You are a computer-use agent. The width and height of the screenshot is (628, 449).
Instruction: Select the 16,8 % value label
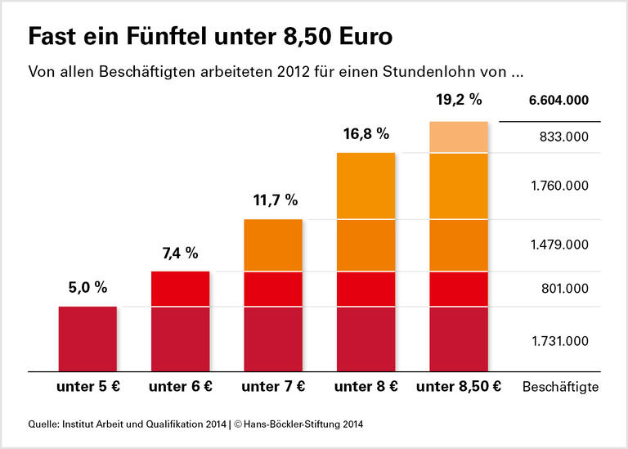(366, 132)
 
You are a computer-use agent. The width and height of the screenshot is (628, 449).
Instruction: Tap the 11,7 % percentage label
(273, 200)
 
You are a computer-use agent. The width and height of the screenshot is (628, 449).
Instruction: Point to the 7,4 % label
(180, 253)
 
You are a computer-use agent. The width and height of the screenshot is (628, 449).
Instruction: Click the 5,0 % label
(87, 287)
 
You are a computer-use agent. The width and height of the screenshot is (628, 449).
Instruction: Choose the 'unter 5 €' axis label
(87, 387)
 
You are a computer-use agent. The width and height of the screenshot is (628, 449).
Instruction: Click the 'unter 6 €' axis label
(180, 387)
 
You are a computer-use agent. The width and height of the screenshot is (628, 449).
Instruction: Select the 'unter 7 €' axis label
(273, 387)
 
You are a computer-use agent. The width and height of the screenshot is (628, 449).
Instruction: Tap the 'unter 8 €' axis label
(366, 387)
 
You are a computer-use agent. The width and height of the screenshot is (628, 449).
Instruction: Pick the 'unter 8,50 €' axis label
(459, 387)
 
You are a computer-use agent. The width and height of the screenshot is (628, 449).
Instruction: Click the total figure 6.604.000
(558, 101)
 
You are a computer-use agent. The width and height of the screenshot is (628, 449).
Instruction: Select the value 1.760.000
(558, 186)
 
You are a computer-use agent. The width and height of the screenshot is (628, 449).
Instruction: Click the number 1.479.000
(558, 245)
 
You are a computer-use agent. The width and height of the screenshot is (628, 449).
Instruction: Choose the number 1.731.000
(558, 341)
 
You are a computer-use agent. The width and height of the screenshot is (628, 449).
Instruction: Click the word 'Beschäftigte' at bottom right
(560, 387)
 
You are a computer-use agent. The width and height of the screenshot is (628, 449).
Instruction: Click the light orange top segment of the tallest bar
(459, 137)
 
